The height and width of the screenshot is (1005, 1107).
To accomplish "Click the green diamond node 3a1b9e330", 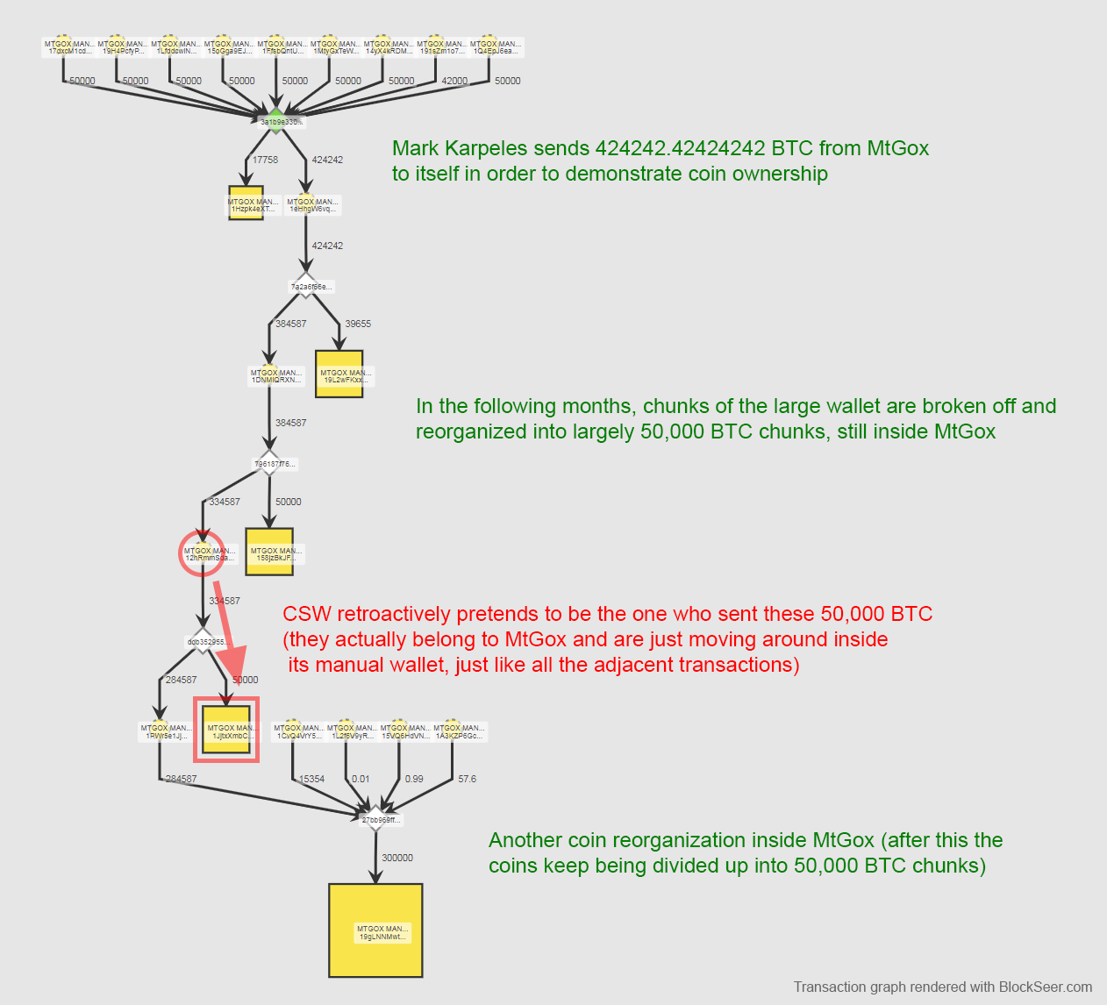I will (x=276, y=120).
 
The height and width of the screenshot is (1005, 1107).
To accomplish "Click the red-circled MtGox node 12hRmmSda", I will (x=203, y=553).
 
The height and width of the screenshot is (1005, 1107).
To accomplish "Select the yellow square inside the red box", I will (x=226, y=729).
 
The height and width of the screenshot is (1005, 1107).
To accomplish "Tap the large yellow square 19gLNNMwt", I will (x=375, y=930).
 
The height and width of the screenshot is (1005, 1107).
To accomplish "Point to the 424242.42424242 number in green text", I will (x=680, y=148).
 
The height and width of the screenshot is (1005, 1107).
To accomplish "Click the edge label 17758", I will (x=265, y=160).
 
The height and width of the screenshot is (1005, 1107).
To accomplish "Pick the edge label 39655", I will (x=358, y=324).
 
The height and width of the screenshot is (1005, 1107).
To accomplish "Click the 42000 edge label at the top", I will (x=454, y=81).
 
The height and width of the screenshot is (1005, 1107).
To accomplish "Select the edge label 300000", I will (x=397, y=858).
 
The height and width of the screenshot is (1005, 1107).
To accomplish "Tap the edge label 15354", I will (x=311, y=779).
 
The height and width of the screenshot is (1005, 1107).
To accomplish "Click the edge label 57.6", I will (x=467, y=779).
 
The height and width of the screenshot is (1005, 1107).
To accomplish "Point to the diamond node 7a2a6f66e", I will (x=306, y=286).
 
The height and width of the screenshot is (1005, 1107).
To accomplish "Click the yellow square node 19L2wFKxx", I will (x=339, y=374).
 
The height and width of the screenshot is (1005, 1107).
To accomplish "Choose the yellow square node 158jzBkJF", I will (x=269, y=552).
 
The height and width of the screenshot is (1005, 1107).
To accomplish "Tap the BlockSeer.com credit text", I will (x=1046, y=987).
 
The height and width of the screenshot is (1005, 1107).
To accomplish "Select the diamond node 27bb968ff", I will (x=376, y=819).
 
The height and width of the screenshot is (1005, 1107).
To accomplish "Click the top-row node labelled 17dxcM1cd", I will (x=69, y=46).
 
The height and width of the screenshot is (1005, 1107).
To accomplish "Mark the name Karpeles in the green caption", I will (x=485, y=148).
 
